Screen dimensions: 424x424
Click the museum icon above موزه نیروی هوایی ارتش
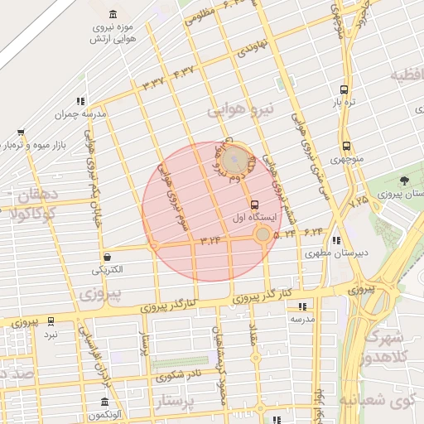pos(113,14)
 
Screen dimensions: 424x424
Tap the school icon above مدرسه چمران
pos(80,101)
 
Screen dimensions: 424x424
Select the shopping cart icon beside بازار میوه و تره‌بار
pos(21,132)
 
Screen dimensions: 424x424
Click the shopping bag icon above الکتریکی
pos(108,257)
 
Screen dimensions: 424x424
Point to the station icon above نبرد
pos(51,320)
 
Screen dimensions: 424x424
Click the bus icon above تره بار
pos(344,89)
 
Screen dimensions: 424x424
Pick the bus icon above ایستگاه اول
pos(253,205)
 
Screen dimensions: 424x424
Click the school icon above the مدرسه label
pos(301,306)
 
